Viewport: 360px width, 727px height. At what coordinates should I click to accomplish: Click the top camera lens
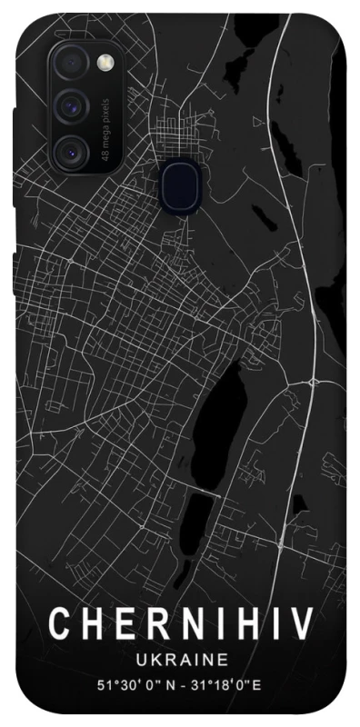69,62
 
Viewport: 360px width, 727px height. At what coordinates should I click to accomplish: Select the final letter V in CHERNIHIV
303,624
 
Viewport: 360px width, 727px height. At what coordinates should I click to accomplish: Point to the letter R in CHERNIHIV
151,624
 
